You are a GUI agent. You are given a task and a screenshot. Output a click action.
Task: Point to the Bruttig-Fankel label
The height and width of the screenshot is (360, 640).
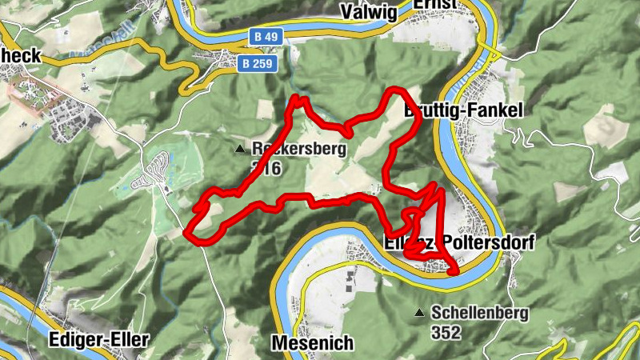coord(463,110)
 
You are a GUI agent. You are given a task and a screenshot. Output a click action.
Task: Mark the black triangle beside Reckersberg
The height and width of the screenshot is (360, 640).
coord(239,149)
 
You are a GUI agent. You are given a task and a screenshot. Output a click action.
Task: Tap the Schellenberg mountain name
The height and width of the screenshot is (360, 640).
coord(479,313)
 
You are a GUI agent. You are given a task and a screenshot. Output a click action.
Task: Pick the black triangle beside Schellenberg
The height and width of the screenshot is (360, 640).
coord(418,313)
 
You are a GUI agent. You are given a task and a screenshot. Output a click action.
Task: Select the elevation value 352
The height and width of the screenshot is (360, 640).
coord(446,332)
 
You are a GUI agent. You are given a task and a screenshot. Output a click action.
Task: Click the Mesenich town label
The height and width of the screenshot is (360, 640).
coord(312,343)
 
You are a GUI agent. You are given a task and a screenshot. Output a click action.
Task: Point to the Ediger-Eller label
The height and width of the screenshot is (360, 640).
coord(98,339)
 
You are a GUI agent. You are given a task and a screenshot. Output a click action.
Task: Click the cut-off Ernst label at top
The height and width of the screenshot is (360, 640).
coord(434,5)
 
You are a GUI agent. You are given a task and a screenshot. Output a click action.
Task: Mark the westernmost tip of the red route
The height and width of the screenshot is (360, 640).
coord(186,234)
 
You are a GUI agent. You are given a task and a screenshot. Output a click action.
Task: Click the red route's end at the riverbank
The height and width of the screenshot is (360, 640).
coord(454,271)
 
